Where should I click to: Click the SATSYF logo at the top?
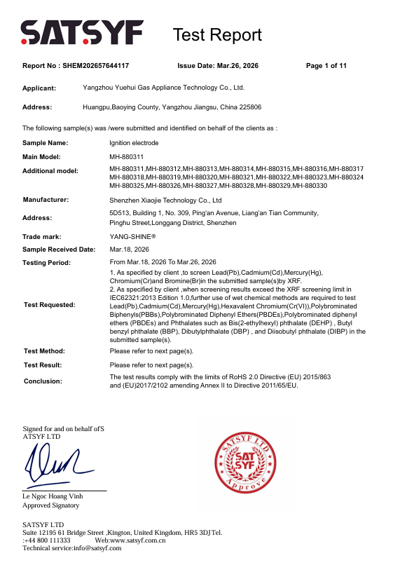click(82, 33)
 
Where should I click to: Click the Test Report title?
click(217, 35)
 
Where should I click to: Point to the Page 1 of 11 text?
click(326, 66)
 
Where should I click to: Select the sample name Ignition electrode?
click(135, 143)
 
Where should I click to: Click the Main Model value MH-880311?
click(127, 157)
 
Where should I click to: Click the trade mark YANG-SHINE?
click(132, 237)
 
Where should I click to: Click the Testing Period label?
click(47, 263)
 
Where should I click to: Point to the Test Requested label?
click(49, 305)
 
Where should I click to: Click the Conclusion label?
click(43, 381)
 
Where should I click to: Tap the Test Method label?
click(44, 351)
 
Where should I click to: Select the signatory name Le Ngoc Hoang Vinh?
click(53, 497)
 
